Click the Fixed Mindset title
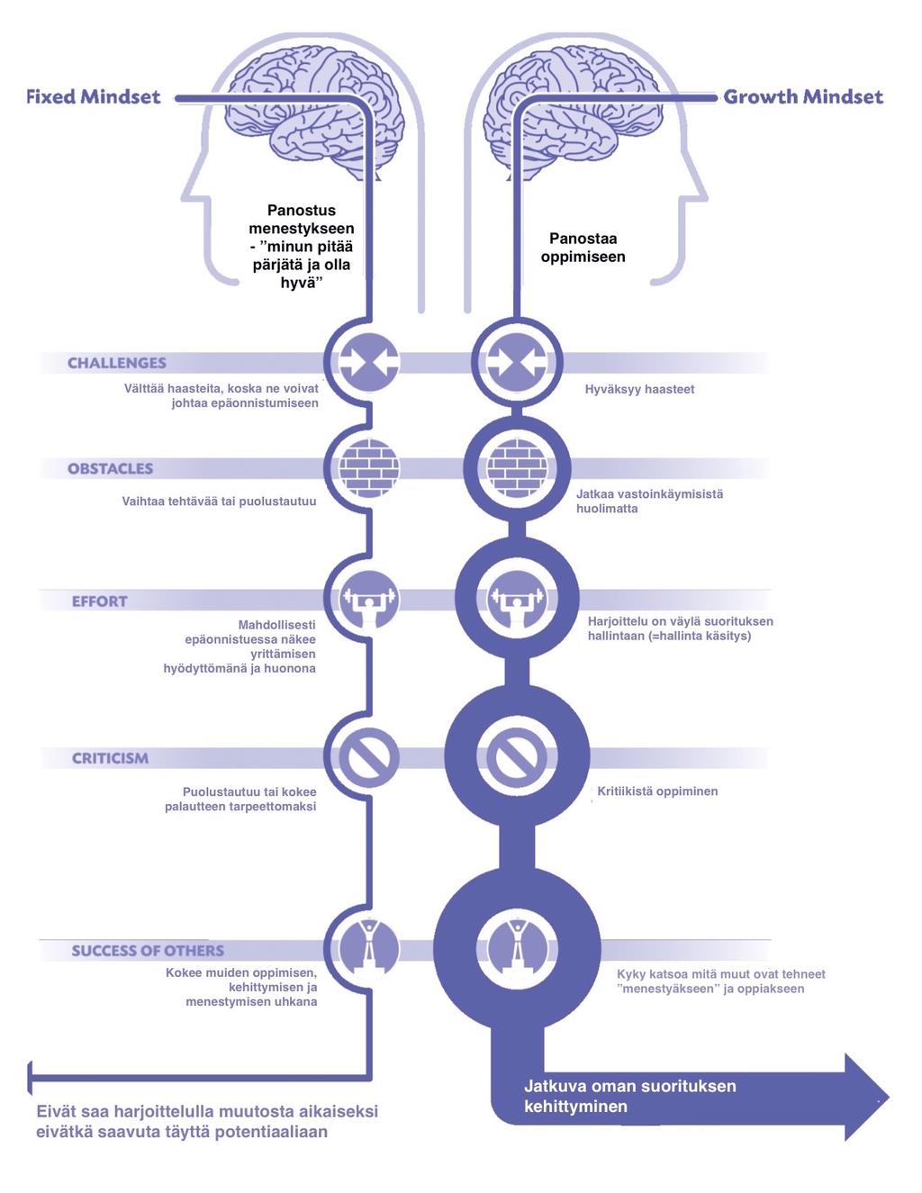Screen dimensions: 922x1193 (x=94, y=97)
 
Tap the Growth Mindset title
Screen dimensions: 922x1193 (x=803, y=97)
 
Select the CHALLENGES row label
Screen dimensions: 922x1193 (x=117, y=363)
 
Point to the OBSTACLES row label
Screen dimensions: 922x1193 (x=111, y=469)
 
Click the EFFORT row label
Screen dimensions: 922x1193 (x=100, y=601)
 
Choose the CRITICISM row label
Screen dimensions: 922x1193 (x=111, y=758)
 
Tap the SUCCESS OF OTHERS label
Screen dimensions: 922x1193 (x=149, y=951)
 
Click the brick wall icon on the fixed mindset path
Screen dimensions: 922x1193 (x=369, y=468)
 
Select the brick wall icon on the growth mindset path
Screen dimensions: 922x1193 (x=517, y=468)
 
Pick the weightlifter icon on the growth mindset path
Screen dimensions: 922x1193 (x=517, y=599)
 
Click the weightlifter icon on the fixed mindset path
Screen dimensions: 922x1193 (x=369, y=599)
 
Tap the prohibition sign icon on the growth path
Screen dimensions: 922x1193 (x=517, y=757)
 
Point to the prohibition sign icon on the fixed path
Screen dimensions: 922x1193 (x=369, y=757)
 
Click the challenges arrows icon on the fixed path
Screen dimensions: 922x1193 (x=369, y=362)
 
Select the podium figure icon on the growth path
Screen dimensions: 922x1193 (x=517, y=949)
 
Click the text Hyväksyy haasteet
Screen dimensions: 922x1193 (x=639, y=390)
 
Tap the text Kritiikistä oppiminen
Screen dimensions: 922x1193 (x=657, y=791)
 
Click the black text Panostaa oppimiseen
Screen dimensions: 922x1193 (x=583, y=248)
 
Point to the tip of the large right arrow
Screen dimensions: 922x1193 (x=888, y=1098)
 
